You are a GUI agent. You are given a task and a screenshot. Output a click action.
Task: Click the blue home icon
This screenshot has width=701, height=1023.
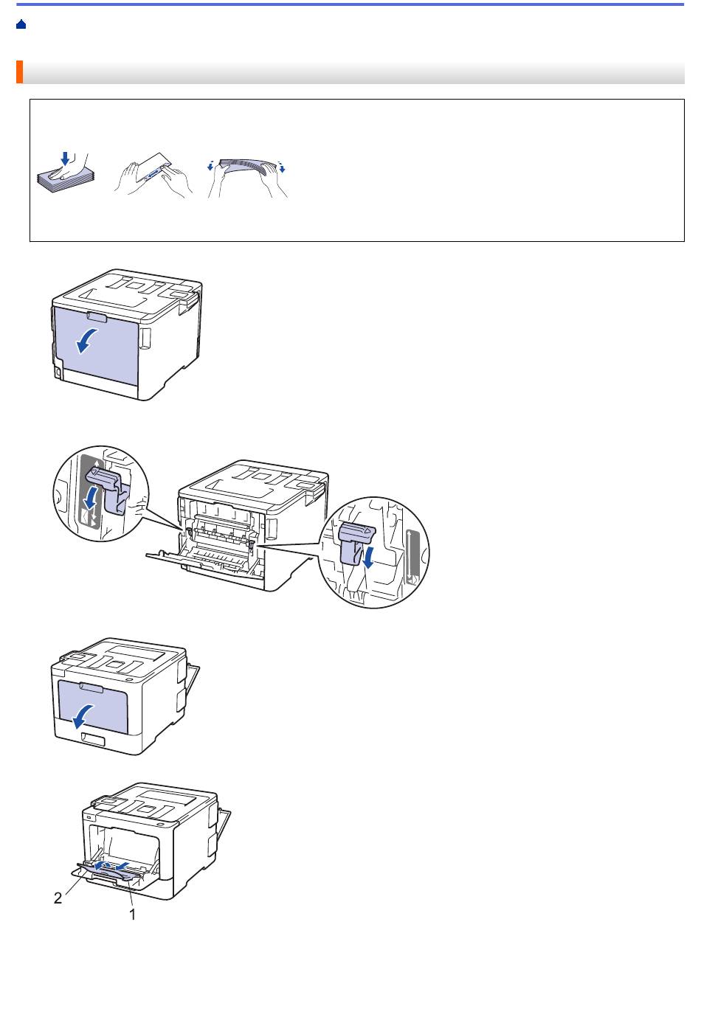coord(21,25)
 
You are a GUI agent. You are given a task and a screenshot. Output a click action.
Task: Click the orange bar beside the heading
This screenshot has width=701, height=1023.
coord(20,72)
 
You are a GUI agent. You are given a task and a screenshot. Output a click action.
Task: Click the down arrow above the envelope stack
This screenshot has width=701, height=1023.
coord(65,159)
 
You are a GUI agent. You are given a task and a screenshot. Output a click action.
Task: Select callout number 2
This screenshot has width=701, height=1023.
coord(58,898)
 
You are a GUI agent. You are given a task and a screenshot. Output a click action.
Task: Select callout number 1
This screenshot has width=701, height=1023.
coord(132,914)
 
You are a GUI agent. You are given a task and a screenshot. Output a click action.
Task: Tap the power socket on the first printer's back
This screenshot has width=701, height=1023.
coord(58,374)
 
